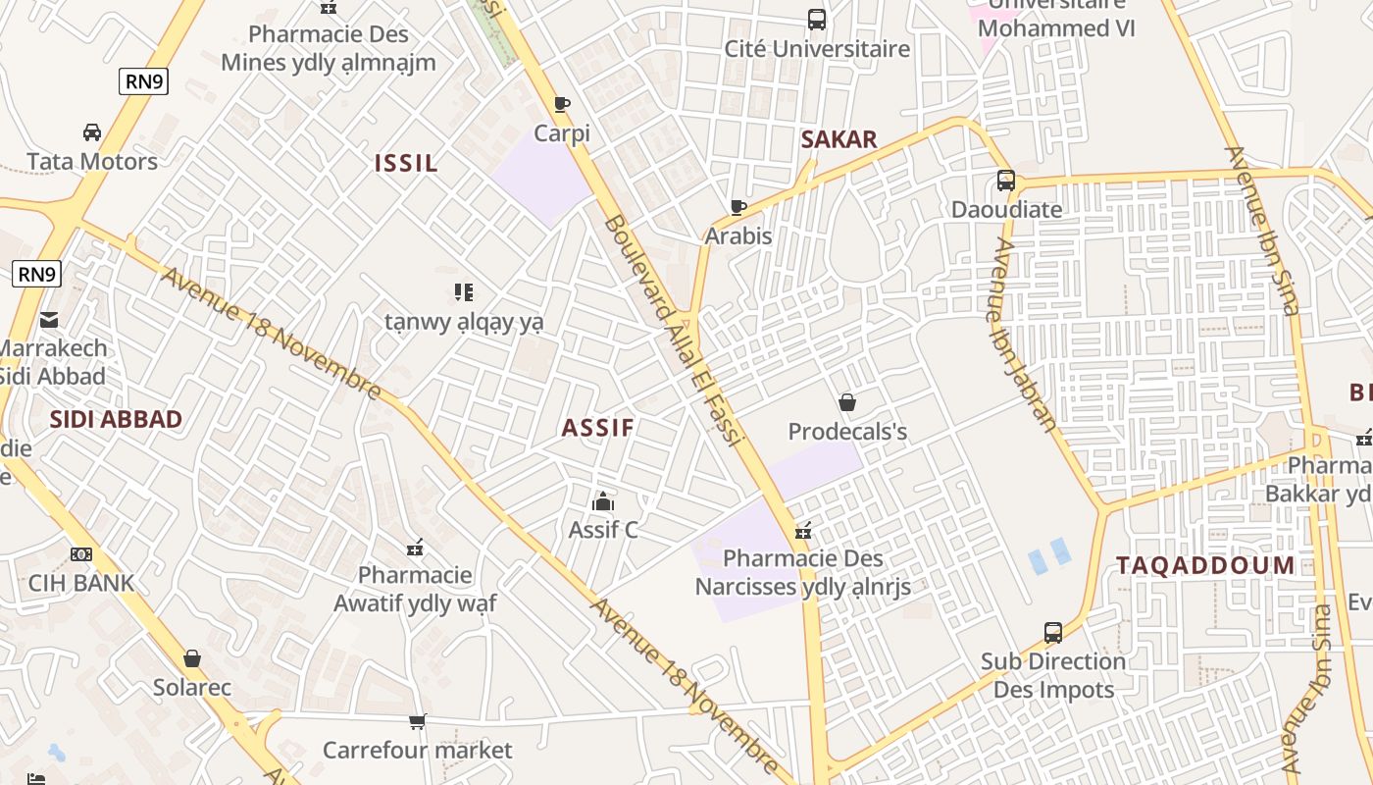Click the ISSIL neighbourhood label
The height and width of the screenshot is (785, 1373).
point(406,163)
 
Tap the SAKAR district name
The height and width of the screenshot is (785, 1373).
point(839,139)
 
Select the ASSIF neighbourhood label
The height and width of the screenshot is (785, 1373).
point(598,428)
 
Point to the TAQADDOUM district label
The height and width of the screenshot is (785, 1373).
point(1205,565)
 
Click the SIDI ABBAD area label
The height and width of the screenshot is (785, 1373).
point(116,419)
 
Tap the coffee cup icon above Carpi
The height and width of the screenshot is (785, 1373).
point(562,104)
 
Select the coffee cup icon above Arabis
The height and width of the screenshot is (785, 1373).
point(738,207)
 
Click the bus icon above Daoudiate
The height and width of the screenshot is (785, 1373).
point(1006,181)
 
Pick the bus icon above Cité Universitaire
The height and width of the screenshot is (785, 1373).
point(817,20)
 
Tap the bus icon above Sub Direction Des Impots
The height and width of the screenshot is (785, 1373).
point(1053,633)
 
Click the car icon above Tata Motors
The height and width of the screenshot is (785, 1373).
point(92,132)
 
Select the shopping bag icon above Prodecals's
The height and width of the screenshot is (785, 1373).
point(847,402)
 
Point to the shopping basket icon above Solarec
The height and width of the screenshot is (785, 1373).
point(192,658)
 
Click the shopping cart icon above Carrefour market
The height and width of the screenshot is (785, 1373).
point(418,722)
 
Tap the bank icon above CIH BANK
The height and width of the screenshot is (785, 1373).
point(81,554)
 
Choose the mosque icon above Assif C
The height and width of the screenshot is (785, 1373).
point(603,501)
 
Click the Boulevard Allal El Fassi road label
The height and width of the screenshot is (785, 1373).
point(674,329)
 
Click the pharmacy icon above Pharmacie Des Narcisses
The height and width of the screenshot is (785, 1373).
point(803,531)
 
